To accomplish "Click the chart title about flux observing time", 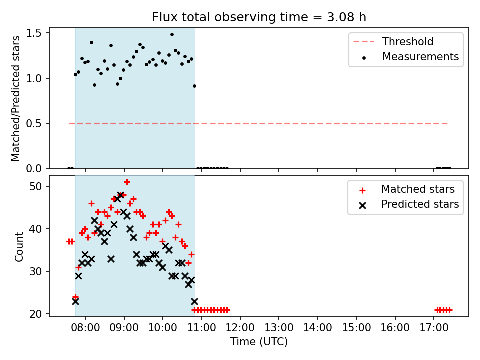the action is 259,17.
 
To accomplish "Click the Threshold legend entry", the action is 393,41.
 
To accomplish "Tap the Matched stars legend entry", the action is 407,189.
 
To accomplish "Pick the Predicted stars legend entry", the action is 409,204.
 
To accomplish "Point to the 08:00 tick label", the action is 85,328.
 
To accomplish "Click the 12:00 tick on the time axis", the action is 240,328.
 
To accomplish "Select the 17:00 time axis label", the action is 434,328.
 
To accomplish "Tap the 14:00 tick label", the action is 318,328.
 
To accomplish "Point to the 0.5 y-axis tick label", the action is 34,123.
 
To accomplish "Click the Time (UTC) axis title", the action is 259,342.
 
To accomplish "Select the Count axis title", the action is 19,247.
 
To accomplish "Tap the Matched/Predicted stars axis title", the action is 15,98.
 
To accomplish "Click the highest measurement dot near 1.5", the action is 172,35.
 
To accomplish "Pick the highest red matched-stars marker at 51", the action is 127,182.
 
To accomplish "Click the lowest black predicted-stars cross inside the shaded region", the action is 75,302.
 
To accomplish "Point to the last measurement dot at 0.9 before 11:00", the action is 194,86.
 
